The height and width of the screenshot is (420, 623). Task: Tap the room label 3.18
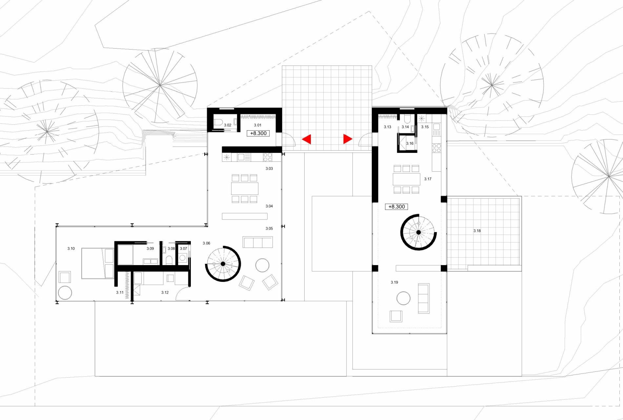click(x=477, y=231)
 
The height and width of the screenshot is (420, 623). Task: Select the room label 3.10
click(x=71, y=248)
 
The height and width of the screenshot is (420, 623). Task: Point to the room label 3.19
click(x=394, y=282)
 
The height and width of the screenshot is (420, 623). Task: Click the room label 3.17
click(x=428, y=179)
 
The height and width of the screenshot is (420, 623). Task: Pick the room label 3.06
click(x=206, y=243)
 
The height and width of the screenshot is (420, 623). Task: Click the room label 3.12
click(x=165, y=292)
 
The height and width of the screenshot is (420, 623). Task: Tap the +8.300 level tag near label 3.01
click(x=258, y=133)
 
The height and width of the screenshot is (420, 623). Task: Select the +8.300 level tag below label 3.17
click(x=396, y=207)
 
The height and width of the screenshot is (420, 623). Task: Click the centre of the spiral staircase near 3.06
click(x=223, y=264)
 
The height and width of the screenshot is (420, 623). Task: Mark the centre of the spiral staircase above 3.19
click(x=418, y=232)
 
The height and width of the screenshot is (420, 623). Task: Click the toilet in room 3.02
click(x=218, y=123)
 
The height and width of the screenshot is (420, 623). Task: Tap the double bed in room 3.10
click(x=98, y=263)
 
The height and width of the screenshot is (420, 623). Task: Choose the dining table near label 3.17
click(x=407, y=179)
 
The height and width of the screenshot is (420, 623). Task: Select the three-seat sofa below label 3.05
click(x=258, y=242)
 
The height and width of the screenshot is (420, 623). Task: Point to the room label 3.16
click(x=410, y=143)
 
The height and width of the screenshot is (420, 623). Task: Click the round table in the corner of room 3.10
click(x=65, y=293)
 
